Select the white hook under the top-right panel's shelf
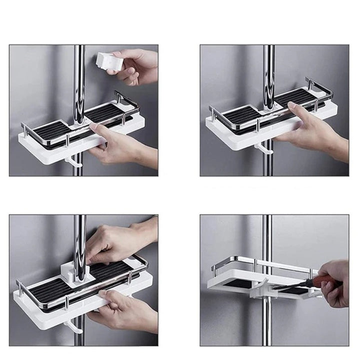[261, 148]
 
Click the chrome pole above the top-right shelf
[269, 70]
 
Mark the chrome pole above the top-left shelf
[79, 80]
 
